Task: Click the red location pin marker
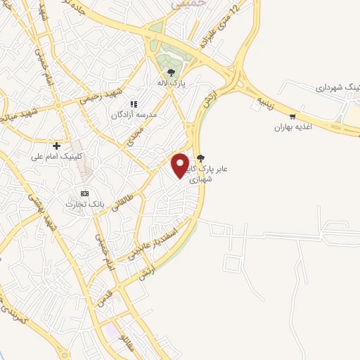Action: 181,165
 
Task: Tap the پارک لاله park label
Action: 171,83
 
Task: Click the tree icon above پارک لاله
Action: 171,72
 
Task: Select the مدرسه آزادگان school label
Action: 134,114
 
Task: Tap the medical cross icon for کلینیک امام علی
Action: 57,146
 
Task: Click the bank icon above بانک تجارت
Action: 85,193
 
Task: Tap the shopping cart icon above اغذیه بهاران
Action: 292,117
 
